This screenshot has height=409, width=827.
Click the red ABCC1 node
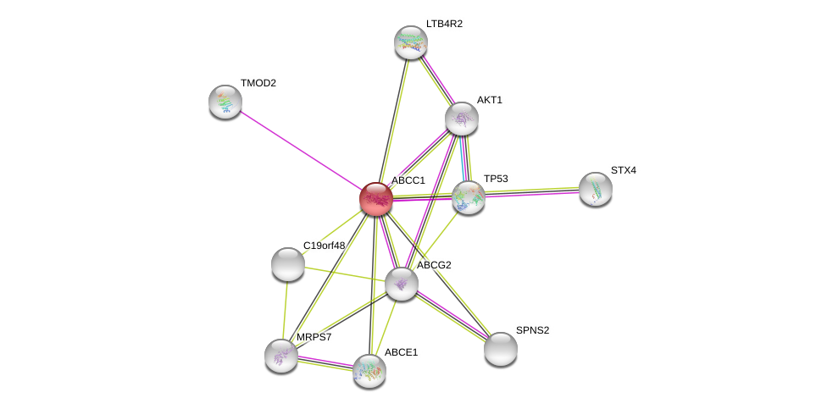point(376,199)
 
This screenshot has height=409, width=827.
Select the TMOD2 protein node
point(225,102)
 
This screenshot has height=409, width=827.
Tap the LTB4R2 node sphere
point(411,42)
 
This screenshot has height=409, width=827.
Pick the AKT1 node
point(462,119)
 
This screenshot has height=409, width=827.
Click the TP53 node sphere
point(469,197)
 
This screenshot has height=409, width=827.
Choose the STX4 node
point(596,189)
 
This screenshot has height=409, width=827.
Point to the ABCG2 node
point(402,284)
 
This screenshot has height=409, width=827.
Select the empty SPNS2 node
point(501,350)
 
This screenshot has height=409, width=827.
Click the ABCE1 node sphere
point(369,372)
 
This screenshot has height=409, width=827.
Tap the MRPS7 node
point(281,356)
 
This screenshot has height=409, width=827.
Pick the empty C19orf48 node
point(287,264)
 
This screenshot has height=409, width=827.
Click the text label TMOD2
point(258,83)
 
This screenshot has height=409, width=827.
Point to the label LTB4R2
point(444,24)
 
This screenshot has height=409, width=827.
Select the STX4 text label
point(624,170)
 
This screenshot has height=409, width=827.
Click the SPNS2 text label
point(533,330)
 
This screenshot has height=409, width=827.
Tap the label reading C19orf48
point(324,246)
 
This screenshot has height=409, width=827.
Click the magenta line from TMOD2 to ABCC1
point(301,150)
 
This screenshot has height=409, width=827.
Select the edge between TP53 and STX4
point(531,193)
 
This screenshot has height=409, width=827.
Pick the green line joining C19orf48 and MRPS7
point(285,310)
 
